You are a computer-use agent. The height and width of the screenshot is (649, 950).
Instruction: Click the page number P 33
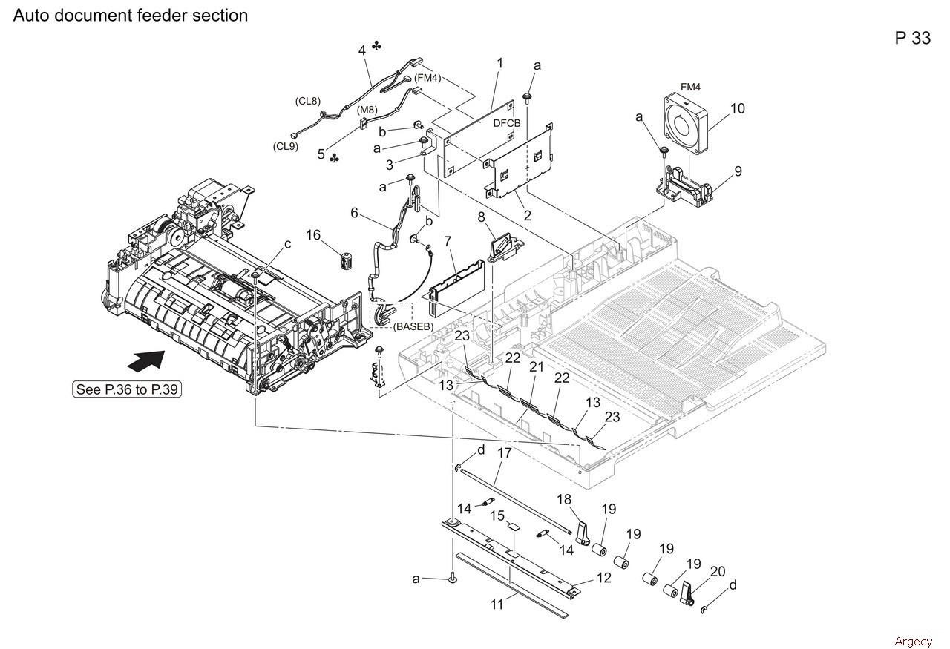click(913, 38)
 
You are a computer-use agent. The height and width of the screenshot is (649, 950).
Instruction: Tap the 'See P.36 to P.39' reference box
click(127, 389)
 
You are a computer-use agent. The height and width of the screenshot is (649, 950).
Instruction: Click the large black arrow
click(146, 361)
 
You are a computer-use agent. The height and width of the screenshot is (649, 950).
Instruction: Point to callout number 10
click(738, 108)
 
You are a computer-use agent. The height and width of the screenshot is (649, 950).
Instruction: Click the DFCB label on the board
click(507, 123)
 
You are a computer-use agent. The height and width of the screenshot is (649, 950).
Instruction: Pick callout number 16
click(313, 235)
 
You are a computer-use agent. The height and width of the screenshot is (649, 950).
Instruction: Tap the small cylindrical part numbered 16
click(347, 260)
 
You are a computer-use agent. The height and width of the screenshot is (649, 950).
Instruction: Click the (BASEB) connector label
click(413, 326)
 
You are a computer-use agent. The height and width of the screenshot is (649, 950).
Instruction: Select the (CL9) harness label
click(286, 146)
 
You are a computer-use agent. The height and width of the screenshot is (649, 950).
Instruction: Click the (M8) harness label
click(367, 111)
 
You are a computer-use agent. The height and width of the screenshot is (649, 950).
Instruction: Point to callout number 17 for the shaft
click(504, 453)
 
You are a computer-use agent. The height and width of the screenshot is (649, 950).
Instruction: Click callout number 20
click(718, 571)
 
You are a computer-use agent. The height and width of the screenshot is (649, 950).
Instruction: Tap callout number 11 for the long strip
click(497, 604)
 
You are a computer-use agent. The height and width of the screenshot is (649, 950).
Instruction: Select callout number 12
click(604, 577)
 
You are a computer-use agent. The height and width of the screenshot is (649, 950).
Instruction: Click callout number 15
click(497, 516)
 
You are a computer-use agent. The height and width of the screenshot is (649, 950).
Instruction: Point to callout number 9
click(738, 171)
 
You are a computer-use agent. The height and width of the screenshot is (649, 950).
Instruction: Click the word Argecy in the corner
click(914, 642)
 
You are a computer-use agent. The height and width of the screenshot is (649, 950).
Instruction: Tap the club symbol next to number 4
click(376, 46)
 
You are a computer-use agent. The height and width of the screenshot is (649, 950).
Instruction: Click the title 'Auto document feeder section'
click(131, 16)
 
